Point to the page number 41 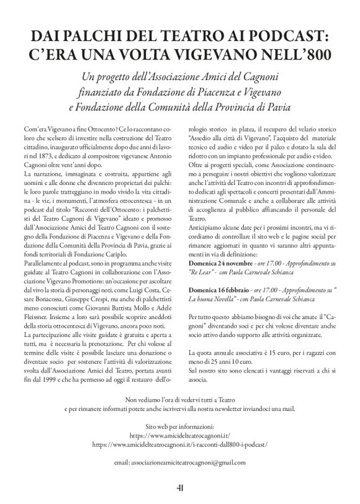click(179, 488)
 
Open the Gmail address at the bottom click(180, 462)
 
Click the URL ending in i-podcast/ click(180, 445)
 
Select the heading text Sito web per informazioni click(180, 428)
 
